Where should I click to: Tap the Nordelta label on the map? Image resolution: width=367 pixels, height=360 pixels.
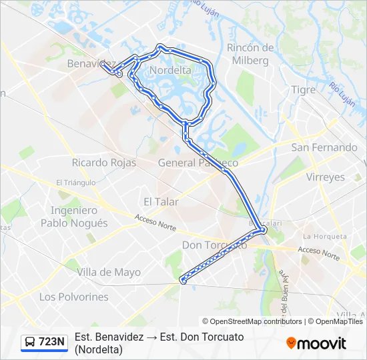point(171,69)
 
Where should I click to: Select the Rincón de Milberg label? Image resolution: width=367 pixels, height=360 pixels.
point(251,54)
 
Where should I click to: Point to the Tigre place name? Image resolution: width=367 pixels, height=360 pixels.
point(304,89)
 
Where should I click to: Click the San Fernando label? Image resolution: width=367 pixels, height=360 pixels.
point(324,147)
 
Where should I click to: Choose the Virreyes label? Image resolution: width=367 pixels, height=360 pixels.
point(325,177)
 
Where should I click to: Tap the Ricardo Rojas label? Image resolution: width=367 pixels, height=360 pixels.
point(104,163)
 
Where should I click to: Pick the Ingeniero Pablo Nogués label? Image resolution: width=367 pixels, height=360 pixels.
point(74,217)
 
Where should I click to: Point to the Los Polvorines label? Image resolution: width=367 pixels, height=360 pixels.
point(73,297)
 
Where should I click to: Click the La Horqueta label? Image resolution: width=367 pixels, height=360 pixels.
point(325,236)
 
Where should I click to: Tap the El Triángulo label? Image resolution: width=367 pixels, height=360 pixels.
point(77,182)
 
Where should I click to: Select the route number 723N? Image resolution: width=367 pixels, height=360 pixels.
point(52,342)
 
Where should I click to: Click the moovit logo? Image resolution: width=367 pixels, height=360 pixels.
point(316,343)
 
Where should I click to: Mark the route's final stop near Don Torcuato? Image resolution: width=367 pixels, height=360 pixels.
point(182,281)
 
